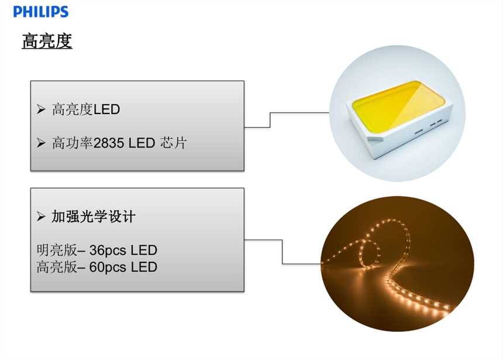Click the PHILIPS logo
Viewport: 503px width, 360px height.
point(40,11)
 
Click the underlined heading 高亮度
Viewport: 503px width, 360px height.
point(47,42)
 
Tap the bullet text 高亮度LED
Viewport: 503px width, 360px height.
point(86,109)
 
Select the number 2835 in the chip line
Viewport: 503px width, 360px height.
point(109,143)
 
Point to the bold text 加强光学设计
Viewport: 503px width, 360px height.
point(94,217)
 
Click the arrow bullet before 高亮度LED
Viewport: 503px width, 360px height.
point(41,109)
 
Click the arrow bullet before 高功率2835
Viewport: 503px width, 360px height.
point(41,143)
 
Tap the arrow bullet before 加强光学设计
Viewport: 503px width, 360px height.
point(41,217)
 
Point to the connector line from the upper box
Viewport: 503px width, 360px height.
point(270,119)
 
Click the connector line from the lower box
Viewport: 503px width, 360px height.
point(282,252)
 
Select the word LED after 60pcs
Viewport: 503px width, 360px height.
point(144,267)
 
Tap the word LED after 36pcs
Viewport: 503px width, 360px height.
point(144,251)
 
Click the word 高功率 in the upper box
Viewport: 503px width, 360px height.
point(73,143)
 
